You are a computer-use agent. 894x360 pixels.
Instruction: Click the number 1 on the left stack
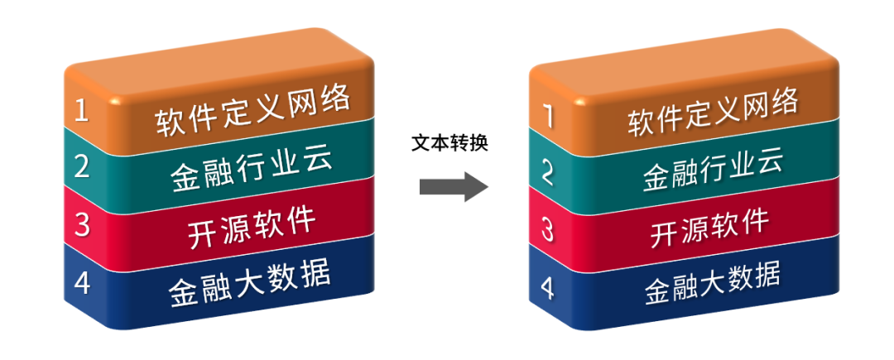[81, 110]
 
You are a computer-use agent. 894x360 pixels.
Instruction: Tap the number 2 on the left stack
[81, 166]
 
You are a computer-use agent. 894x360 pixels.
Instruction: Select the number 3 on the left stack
[81, 224]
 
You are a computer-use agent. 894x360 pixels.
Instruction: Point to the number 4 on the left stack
[81, 282]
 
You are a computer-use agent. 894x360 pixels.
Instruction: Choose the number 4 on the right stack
[547, 286]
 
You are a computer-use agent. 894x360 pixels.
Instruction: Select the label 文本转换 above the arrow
[450, 142]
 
